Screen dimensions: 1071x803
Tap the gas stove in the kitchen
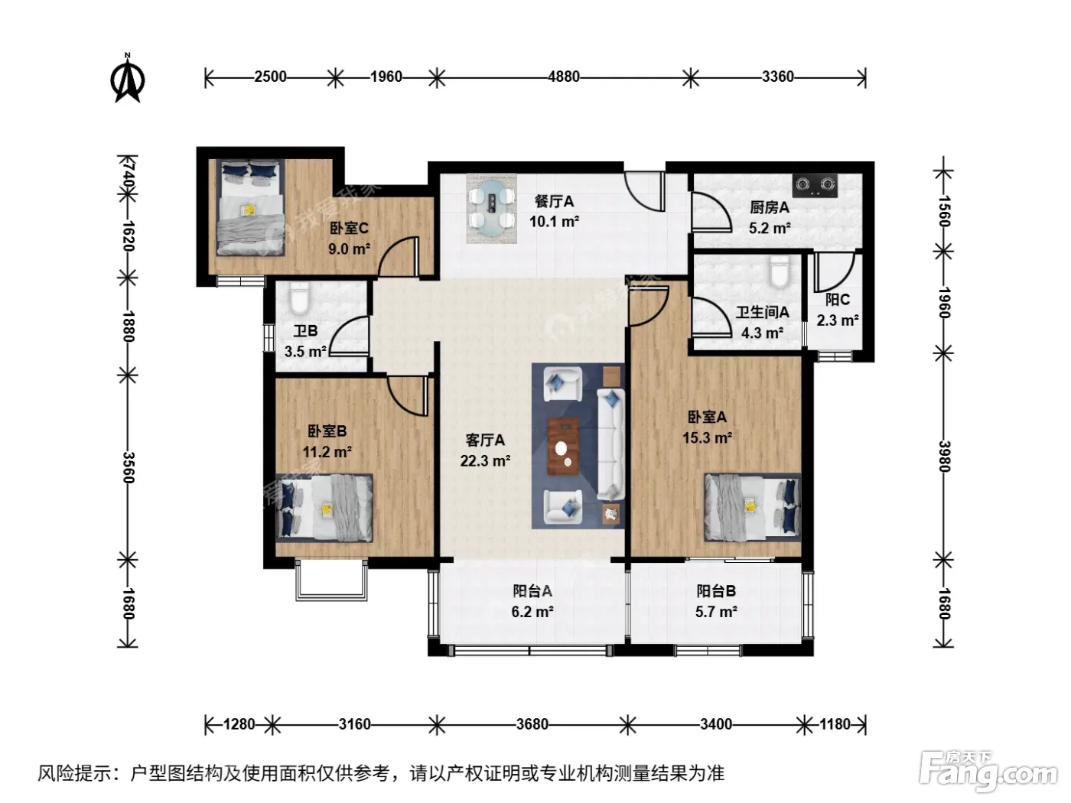[815, 185]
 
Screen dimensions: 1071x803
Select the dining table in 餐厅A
[491, 208]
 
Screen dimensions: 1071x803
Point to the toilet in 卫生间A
[780, 271]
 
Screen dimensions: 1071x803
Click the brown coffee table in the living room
[563, 446]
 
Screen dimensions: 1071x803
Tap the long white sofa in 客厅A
[611, 444]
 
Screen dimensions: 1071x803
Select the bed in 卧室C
[250, 207]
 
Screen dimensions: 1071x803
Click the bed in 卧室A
[753, 507]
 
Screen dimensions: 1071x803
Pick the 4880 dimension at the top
[564, 76]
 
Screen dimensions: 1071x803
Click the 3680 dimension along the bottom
[532, 724]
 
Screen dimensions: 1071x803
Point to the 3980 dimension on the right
[944, 457]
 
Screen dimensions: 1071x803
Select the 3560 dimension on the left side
[127, 467]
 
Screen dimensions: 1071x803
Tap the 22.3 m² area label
[485, 460]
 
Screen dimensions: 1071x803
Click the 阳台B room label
[716, 591]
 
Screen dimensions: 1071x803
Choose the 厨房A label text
[770, 208]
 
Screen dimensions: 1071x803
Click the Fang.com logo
[988, 772]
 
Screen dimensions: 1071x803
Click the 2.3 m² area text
[838, 320]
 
